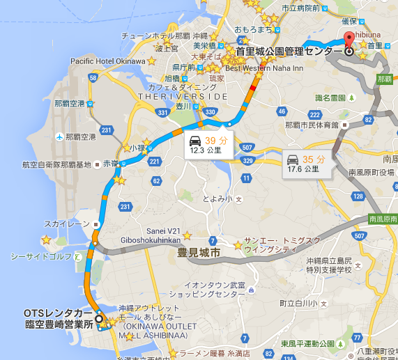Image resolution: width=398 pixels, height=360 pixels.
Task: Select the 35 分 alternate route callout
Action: (x=305, y=163)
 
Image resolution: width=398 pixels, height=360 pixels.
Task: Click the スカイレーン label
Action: (x=67, y=224)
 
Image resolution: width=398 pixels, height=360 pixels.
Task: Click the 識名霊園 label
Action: (x=330, y=97)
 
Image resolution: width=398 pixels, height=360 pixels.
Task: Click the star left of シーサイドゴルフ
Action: (x=46, y=240)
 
